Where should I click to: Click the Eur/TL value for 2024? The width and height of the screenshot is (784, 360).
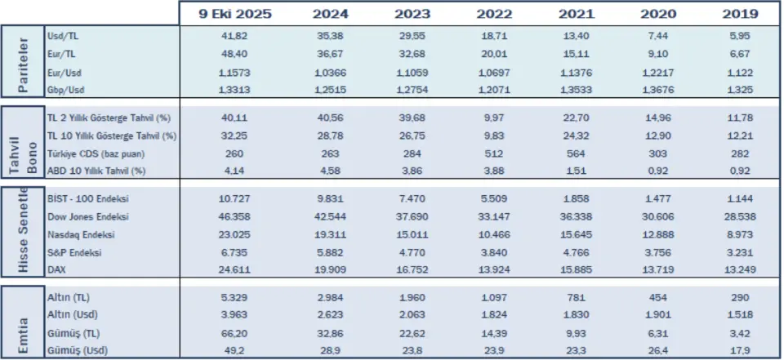(x=331, y=55)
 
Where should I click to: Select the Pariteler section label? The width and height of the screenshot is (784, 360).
(x=23, y=62)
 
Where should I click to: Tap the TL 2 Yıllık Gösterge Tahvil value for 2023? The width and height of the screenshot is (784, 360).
(x=412, y=118)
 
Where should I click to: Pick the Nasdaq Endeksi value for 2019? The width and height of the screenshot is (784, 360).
(x=740, y=234)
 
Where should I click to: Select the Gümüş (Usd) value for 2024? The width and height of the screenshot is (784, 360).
(x=331, y=350)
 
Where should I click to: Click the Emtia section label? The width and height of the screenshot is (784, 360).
(x=23, y=321)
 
